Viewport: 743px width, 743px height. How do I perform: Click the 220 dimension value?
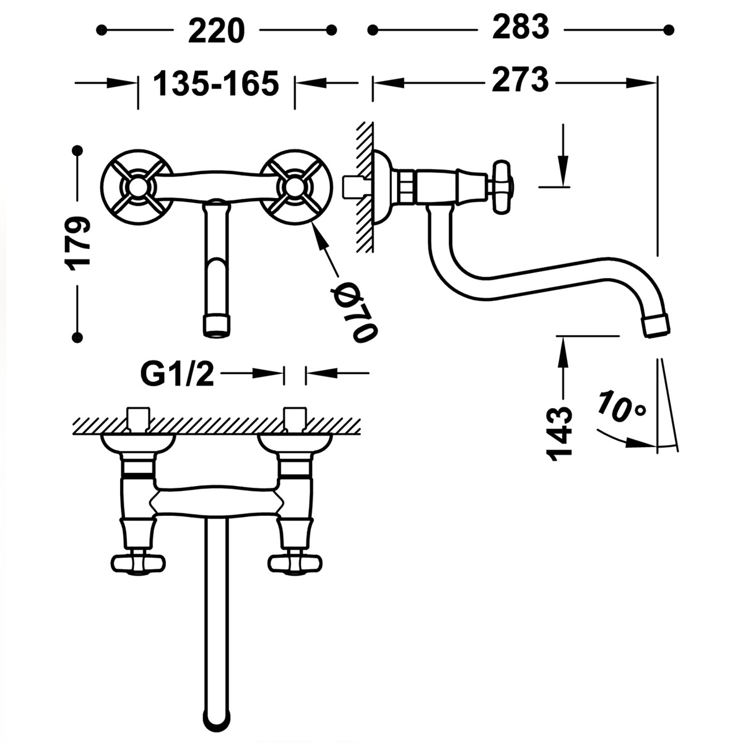(x=216, y=29)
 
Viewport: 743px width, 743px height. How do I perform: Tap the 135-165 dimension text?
(x=216, y=83)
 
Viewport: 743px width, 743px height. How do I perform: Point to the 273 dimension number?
(x=520, y=80)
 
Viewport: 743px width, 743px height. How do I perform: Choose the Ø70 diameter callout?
(x=354, y=312)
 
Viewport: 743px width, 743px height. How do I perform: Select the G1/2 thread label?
(x=177, y=373)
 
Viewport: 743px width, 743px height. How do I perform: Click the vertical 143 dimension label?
(x=562, y=432)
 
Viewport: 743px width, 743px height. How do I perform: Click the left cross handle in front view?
(x=136, y=186)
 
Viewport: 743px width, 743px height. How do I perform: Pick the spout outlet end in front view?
(x=216, y=326)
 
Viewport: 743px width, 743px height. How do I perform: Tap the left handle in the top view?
(x=138, y=563)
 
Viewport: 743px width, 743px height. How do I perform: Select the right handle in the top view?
(x=294, y=563)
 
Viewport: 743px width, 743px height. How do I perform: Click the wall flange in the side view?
(x=381, y=186)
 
